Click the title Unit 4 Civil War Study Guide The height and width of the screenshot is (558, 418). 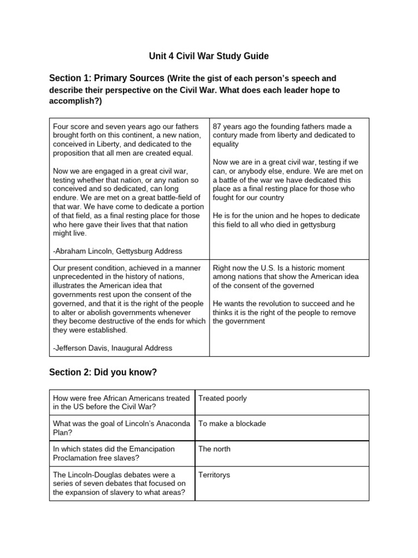(209, 56)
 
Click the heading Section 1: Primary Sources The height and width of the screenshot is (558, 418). (107, 78)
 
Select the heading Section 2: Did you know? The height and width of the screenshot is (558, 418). (103, 372)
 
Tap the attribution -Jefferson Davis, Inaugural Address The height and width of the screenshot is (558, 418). (113, 348)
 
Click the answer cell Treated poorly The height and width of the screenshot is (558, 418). (223, 398)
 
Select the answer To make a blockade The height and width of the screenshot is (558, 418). (232, 423)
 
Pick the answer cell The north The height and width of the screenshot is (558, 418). (214, 449)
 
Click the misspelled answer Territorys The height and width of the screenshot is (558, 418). (214, 475)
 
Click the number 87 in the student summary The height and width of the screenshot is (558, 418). (218, 126)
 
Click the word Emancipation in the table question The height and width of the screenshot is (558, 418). (148, 449)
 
